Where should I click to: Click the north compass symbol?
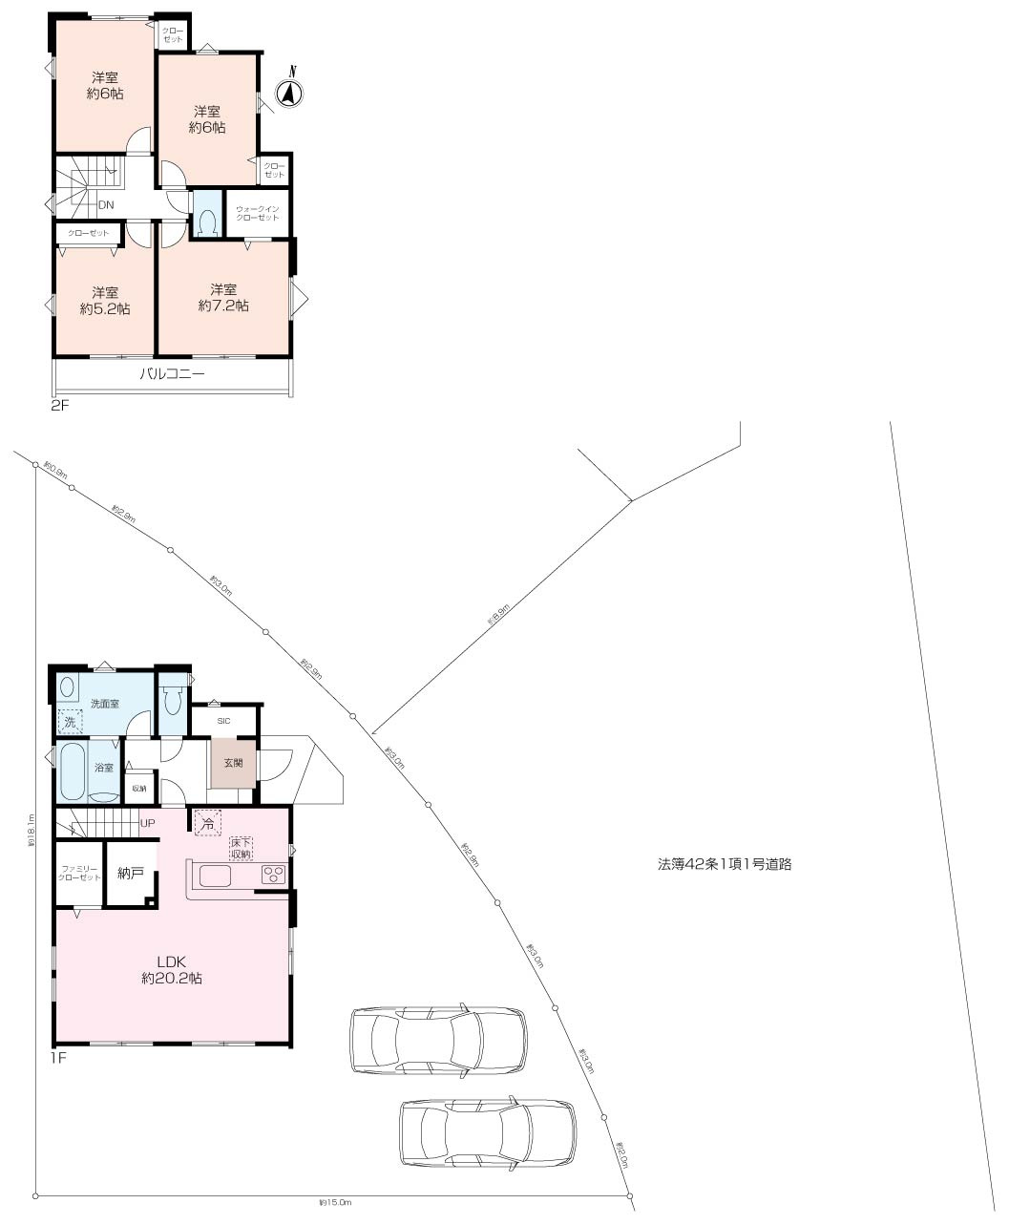point(289,93)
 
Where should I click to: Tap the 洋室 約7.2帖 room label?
point(223,298)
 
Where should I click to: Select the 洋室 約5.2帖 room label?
point(105,301)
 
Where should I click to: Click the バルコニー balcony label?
point(172,375)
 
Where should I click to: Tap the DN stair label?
point(106,204)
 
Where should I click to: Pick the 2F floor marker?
point(60,406)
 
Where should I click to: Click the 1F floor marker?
point(60,1057)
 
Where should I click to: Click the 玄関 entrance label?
point(233,763)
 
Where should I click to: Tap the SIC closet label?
point(224,721)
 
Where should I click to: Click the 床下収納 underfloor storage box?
point(241,848)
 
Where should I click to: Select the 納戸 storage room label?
point(131,873)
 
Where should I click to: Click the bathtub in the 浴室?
point(74,772)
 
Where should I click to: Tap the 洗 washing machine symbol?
point(70,721)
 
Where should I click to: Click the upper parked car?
point(437,1040)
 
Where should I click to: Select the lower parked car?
point(488,1132)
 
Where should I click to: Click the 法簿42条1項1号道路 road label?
point(725,864)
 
